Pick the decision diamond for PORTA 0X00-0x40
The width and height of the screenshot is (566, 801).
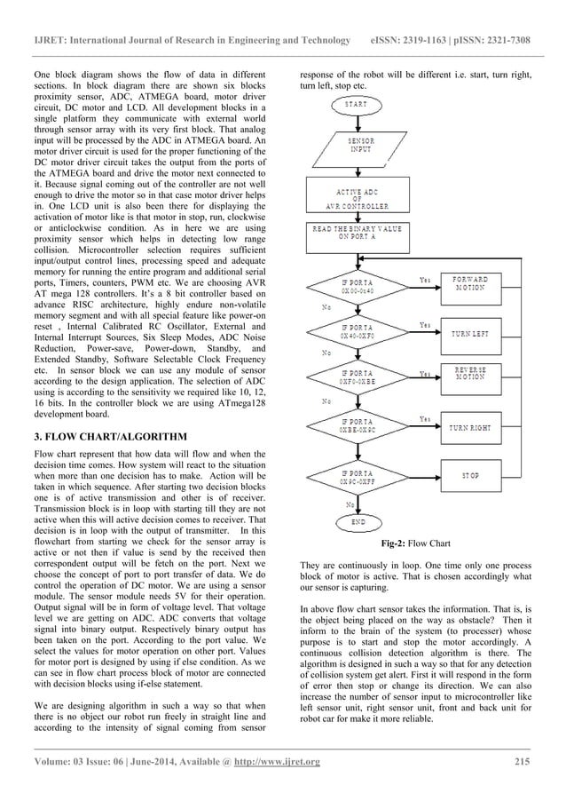point(356,288)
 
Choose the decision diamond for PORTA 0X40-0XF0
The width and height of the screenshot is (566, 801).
point(356,333)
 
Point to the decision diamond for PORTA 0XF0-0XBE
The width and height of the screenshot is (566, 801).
point(356,378)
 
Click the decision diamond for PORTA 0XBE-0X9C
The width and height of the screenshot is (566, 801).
point(356,427)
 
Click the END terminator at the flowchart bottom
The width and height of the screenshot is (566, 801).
point(358,523)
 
